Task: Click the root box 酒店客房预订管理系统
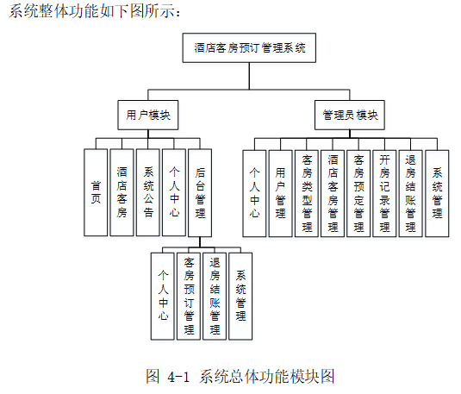[250, 48]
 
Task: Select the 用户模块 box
[147, 114]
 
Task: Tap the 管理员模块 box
[348, 114]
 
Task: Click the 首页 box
[96, 192]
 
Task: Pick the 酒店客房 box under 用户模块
[121, 192]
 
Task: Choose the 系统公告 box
[147, 192]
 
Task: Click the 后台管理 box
[199, 192]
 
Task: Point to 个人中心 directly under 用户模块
[173, 192]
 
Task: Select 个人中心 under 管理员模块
[255, 192]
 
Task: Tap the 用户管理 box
[281, 192]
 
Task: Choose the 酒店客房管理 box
[333, 192]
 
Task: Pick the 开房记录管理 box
[384, 192]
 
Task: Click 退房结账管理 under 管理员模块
[410, 192]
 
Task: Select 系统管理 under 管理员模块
[437, 192]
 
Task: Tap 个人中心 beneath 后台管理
[163, 294]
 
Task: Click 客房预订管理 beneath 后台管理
[189, 294]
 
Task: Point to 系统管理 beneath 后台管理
[240, 294]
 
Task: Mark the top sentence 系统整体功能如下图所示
[93, 11]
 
